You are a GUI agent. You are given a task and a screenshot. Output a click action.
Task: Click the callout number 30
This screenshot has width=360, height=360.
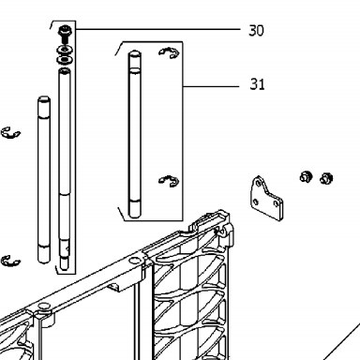256,31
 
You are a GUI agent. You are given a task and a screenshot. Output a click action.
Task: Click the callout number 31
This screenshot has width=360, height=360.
257,84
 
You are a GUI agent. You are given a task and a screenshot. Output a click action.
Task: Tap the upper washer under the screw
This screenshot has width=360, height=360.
65,50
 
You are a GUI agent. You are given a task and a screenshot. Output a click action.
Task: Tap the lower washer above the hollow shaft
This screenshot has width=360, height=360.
65,59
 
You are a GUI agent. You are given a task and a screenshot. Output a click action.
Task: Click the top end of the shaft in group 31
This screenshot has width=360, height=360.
135,53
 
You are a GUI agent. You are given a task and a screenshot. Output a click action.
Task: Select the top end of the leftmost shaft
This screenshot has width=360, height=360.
44,99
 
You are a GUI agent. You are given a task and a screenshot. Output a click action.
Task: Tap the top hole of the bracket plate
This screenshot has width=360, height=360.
258,183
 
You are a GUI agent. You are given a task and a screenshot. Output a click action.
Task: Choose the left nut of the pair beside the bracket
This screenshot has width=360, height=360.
306,177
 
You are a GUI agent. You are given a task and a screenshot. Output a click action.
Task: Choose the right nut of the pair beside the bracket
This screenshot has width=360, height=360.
326,178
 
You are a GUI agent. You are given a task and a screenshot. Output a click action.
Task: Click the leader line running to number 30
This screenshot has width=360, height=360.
157,29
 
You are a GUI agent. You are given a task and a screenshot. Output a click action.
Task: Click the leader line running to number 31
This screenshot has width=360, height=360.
211,86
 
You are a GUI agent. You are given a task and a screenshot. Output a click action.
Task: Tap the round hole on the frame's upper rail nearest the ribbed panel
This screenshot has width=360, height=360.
135,261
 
